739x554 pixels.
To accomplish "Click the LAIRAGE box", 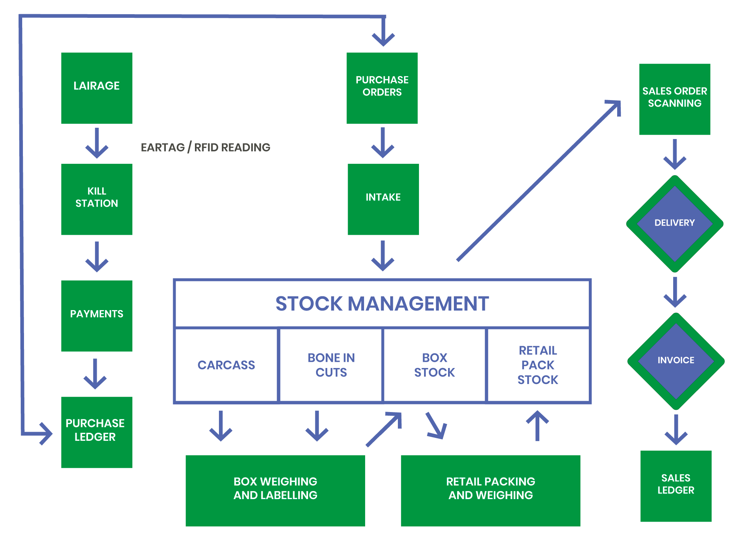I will [96, 88].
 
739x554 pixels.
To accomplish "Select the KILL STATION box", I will [96, 199].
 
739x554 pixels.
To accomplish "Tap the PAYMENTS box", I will [96, 315].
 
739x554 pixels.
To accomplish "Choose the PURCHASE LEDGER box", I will [96, 432].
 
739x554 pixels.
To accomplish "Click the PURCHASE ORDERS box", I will [382, 88].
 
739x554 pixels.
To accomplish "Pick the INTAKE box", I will [383, 199].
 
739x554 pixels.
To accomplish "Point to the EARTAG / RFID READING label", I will [205, 147].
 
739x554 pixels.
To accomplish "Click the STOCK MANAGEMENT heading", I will [382, 304].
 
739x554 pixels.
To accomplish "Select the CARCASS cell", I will [226, 365].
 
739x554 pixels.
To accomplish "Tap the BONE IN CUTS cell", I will [331, 365].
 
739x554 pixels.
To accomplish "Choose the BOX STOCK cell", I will [435, 365].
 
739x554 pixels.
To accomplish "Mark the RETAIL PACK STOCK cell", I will [538, 365].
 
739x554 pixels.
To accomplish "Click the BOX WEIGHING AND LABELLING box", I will [275, 490].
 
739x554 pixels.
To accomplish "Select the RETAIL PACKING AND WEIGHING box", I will [490, 490].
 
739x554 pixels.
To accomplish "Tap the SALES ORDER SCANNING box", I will [675, 99].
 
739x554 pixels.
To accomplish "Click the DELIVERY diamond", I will [675, 223].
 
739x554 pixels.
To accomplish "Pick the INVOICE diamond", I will [676, 361].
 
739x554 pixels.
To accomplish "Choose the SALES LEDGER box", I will [676, 486].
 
